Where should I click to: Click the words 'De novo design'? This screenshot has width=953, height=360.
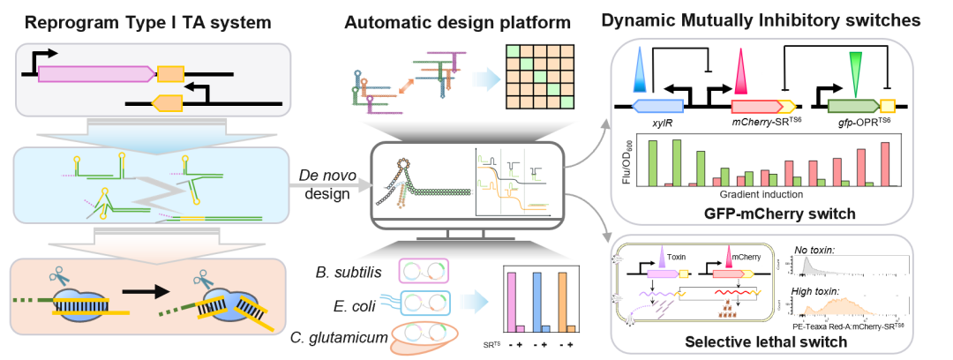(x=319, y=186)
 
